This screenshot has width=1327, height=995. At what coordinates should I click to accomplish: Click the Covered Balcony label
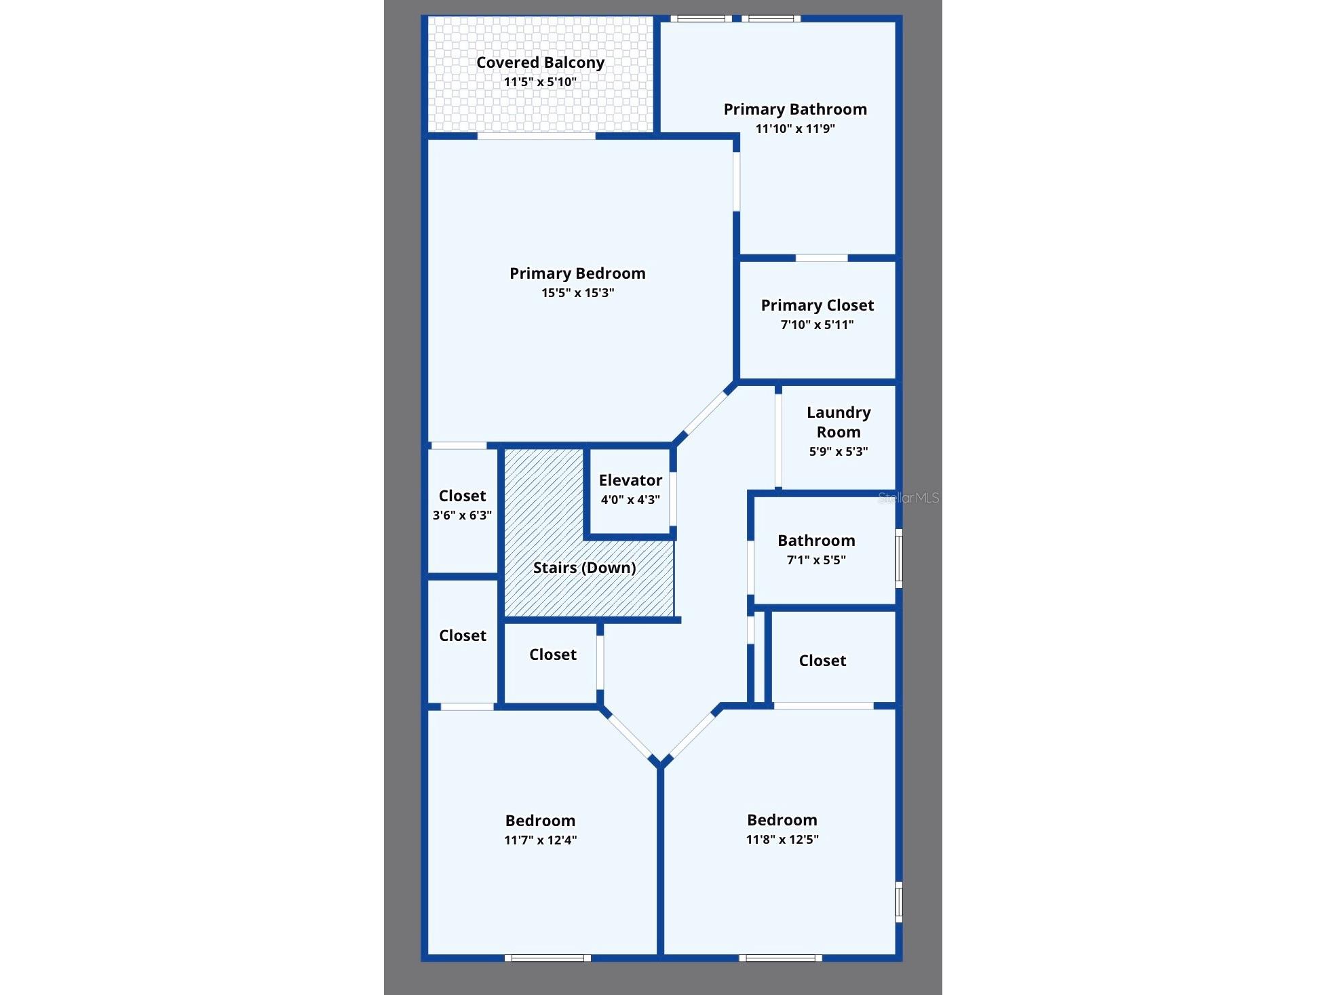pyautogui.click(x=540, y=62)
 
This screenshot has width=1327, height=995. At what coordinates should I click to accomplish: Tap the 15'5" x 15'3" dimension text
pyautogui.click(x=577, y=293)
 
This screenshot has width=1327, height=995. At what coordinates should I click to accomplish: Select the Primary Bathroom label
pyautogui.click(x=795, y=109)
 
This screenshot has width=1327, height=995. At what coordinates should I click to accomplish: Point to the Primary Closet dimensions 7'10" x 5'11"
pyautogui.click(x=817, y=325)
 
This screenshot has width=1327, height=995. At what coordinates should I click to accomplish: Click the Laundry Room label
pyautogui.click(x=839, y=422)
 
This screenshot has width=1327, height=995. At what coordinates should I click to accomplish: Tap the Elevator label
pyautogui.click(x=630, y=480)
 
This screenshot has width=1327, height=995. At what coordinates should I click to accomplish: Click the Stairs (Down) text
pyautogui.click(x=584, y=568)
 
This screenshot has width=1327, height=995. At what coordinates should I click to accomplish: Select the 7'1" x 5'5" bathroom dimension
pyautogui.click(x=816, y=560)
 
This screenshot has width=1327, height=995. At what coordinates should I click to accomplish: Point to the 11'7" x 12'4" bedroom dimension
pyautogui.click(x=540, y=840)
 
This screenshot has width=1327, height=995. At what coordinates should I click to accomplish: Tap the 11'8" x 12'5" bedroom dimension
pyautogui.click(x=782, y=840)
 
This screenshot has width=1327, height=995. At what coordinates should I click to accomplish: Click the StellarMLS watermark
pyautogui.click(x=908, y=498)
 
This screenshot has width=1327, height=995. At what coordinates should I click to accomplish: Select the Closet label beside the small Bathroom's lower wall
pyautogui.click(x=822, y=661)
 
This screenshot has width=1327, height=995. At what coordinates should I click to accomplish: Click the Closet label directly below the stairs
pyautogui.click(x=553, y=655)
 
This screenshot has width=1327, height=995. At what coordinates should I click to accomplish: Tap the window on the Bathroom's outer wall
pyautogui.click(x=899, y=558)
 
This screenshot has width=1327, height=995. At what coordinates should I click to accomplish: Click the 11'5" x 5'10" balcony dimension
pyautogui.click(x=540, y=82)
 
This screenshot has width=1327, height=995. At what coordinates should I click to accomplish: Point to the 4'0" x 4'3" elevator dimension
pyautogui.click(x=630, y=500)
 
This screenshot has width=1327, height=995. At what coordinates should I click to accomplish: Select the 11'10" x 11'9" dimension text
pyautogui.click(x=795, y=129)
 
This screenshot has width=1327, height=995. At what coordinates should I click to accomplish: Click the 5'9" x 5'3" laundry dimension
pyautogui.click(x=839, y=452)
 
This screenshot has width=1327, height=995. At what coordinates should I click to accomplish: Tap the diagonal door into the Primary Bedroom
pyautogui.click(x=706, y=413)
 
